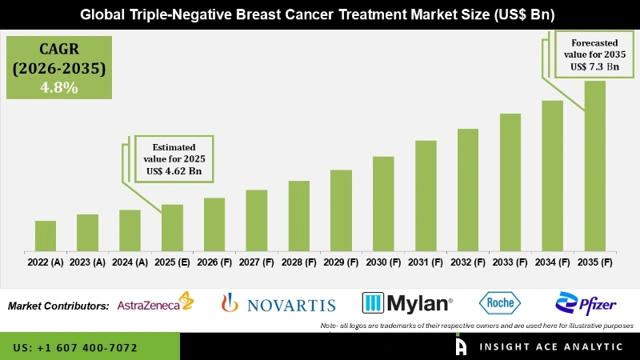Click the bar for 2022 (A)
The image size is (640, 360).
point(46,236)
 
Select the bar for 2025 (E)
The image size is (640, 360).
point(172,228)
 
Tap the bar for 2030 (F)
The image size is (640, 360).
point(383,204)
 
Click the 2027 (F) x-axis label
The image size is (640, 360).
point(256,262)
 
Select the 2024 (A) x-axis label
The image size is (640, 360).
point(130,262)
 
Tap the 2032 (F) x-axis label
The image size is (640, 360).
point(467,262)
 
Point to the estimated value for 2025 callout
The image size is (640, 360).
point(174,158)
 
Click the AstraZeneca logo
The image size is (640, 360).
point(155,303)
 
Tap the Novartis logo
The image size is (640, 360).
point(278,303)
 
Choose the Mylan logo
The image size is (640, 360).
point(407,303)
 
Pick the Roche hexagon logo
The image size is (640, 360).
point(500,302)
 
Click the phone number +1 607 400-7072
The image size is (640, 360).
point(75,348)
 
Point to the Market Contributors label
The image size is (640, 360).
point(58,306)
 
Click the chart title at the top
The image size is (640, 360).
point(320,14)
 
